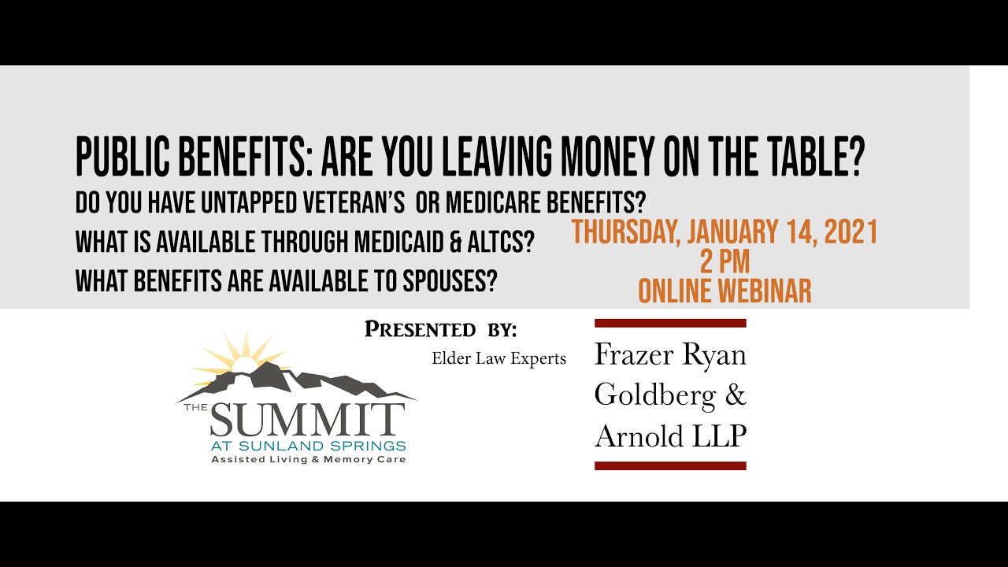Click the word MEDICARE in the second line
point(502,203)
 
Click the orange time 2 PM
point(724,261)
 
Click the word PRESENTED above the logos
point(420,330)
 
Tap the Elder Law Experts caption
point(498,359)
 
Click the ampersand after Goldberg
point(736,394)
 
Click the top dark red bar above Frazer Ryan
point(670,323)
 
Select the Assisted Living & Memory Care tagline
point(308,459)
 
